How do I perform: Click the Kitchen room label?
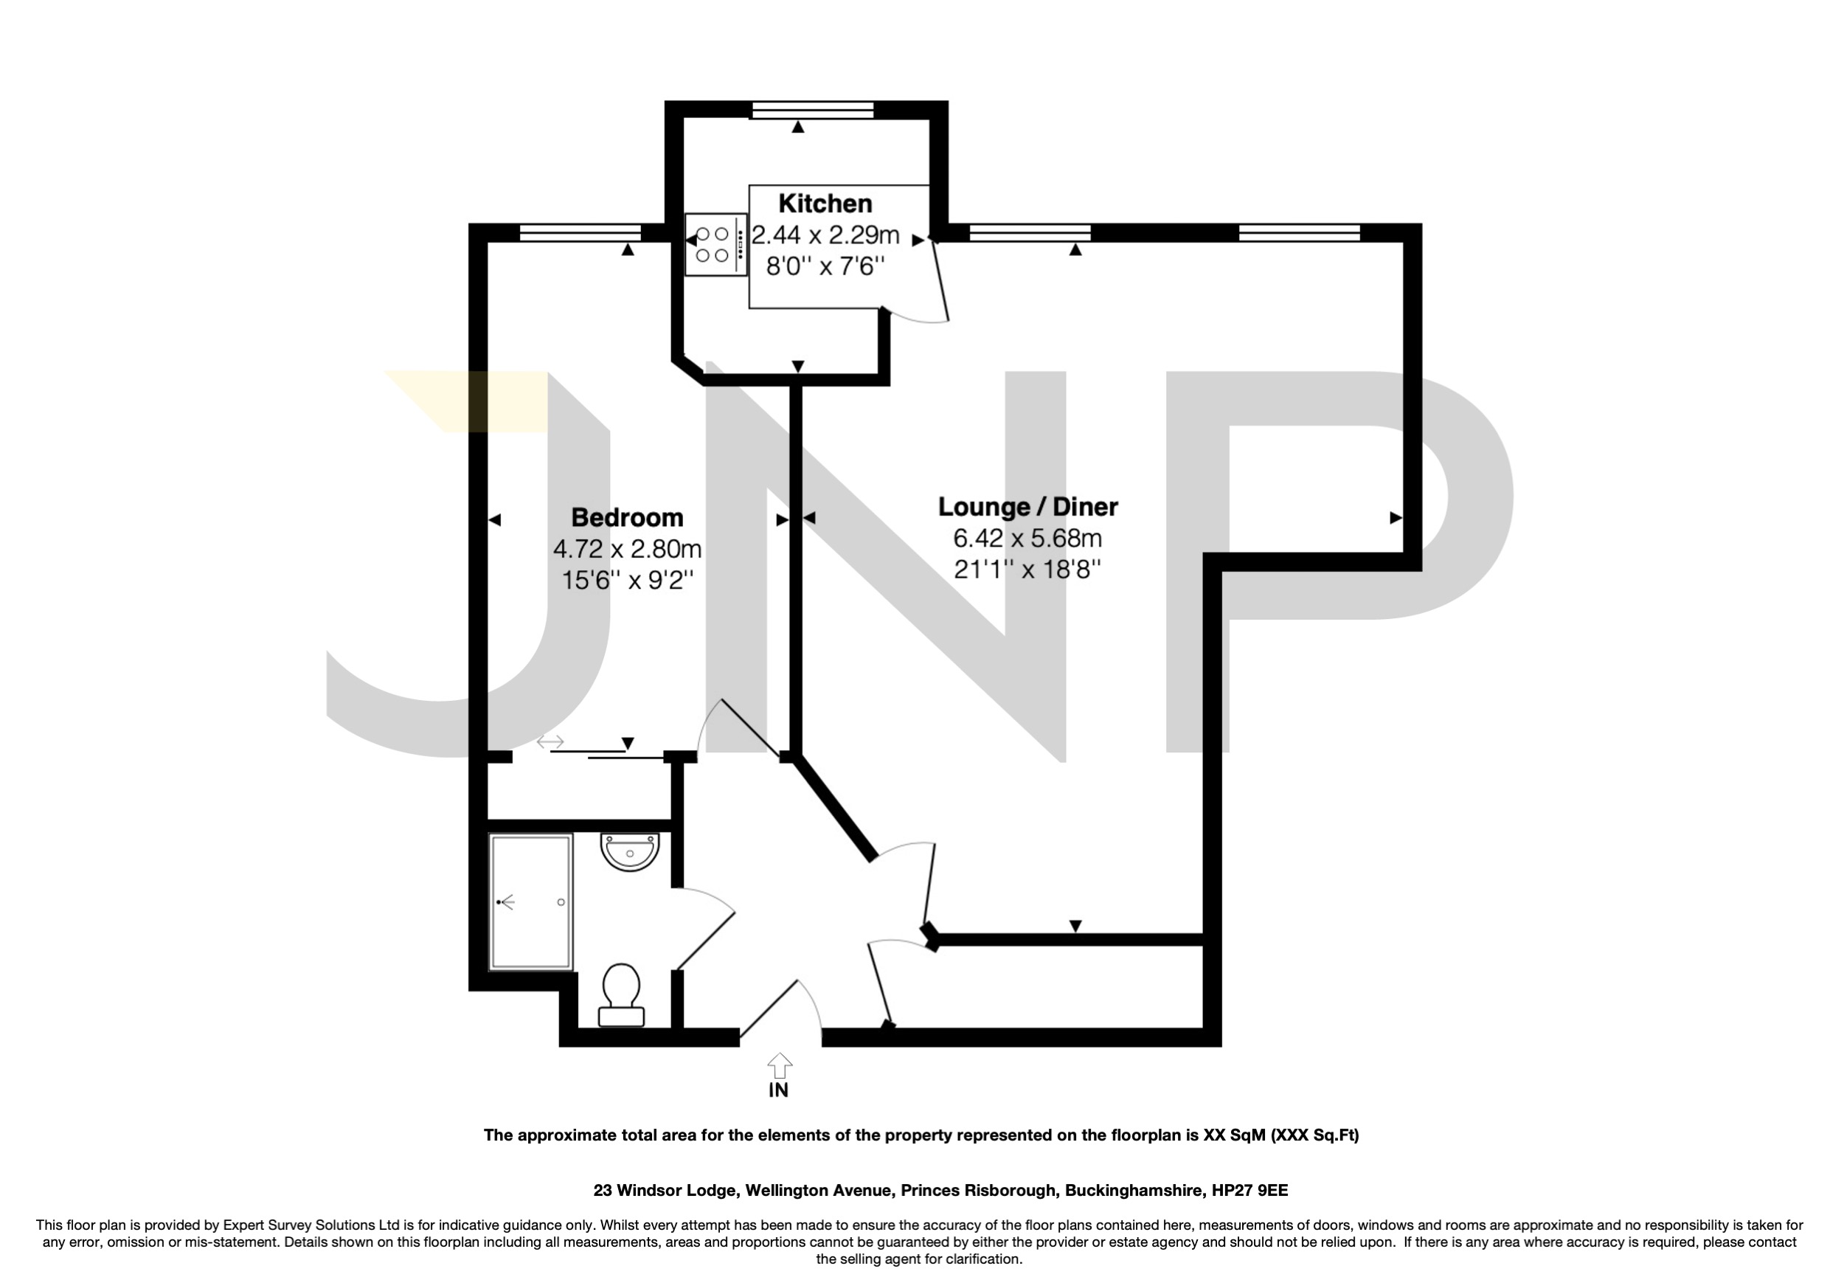click(825, 204)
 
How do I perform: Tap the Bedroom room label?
click(627, 518)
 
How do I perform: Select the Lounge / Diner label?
click(1027, 507)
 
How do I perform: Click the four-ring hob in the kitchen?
click(712, 245)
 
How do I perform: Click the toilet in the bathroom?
click(621, 994)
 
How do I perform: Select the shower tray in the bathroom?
click(531, 901)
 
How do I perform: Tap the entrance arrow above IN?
click(779, 1065)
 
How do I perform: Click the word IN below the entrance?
click(778, 1090)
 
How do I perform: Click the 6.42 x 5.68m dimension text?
click(1027, 539)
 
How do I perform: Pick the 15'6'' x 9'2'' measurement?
click(627, 579)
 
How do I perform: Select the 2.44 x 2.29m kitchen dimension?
click(825, 235)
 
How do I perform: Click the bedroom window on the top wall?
click(580, 233)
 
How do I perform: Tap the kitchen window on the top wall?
click(811, 111)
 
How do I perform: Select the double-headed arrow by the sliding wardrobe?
click(550, 742)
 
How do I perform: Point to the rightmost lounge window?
click(1298, 233)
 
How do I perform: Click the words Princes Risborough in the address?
click(977, 1191)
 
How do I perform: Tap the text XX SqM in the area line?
click(1235, 1135)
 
